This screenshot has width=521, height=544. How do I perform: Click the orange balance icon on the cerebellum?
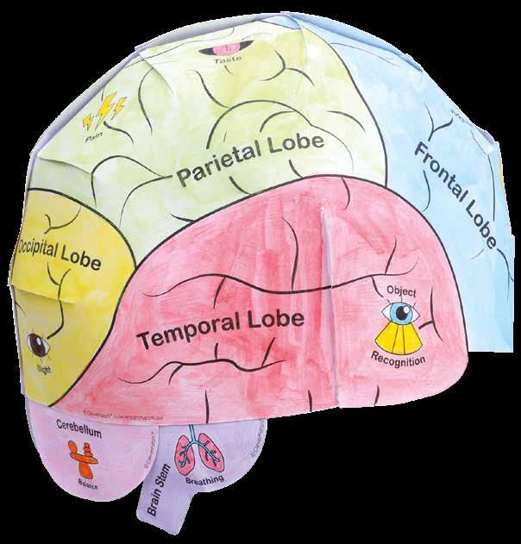pyautogui.click(x=83, y=450)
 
